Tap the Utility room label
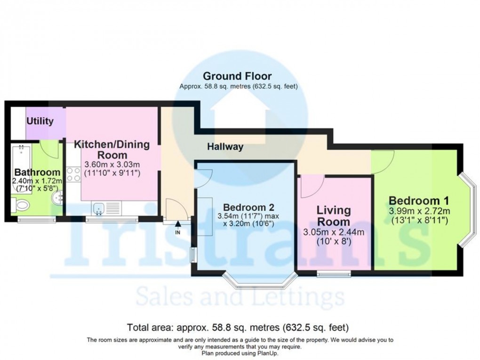point(40,121)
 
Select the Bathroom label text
point(37,172)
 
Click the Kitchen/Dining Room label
point(112,150)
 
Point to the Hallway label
point(225,147)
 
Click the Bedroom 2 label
point(248,208)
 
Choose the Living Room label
point(333,216)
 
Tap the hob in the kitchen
point(74,174)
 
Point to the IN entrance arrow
point(177,227)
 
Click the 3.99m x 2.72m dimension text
point(419,210)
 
